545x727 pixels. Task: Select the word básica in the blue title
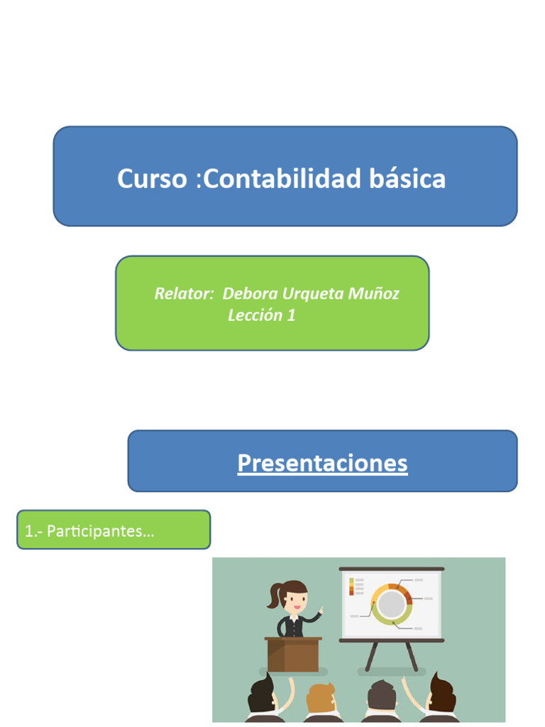407,179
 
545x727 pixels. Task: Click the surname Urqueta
312,293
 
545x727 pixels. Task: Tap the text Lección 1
261,316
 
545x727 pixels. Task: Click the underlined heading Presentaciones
322,463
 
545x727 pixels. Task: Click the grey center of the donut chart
391,605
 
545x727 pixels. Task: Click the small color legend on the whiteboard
351,586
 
